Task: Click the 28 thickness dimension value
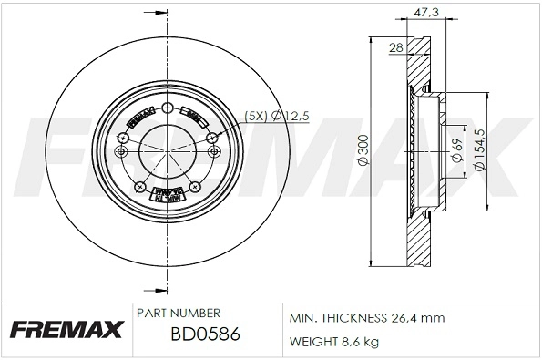396,46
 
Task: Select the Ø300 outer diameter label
363,149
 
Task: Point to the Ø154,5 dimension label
480,149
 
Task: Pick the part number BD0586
205,334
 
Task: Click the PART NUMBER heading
178,313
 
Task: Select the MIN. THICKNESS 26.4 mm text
366,318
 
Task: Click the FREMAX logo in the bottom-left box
66,330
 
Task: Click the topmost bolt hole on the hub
166,108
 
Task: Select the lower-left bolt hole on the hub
139,188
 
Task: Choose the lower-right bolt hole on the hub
192,188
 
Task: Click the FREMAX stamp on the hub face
138,119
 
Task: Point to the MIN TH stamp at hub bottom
166,193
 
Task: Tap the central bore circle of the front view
166,149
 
